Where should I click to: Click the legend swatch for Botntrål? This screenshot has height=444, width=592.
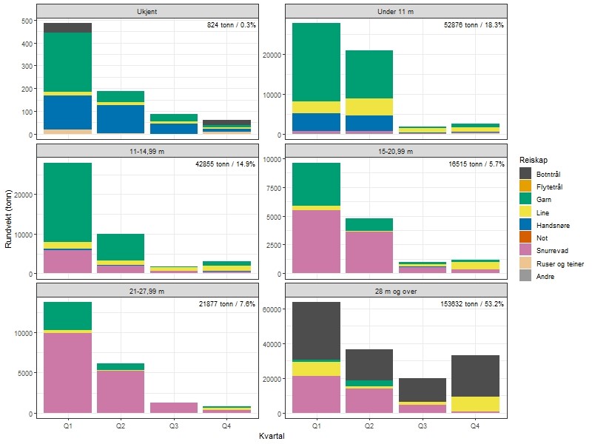click(x=525, y=173)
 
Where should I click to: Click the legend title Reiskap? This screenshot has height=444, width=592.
click(x=534, y=160)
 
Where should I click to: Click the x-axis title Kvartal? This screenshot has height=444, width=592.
click(x=272, y=437)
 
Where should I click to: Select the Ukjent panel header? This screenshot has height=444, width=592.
click(x=147, y=11)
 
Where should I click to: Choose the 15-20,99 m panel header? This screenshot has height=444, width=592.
click(x=396, y=151)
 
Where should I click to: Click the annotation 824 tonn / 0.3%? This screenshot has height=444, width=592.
click(x=231, y=25)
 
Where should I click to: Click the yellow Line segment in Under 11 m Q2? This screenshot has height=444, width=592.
click(x=369, y=107)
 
